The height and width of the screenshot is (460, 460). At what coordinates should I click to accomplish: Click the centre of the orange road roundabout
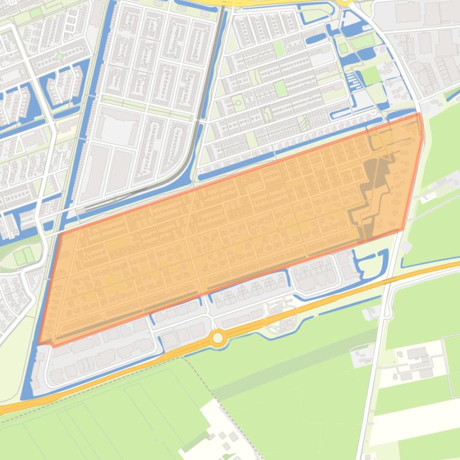(218, 338)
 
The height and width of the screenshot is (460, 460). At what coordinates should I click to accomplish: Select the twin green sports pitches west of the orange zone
(24, 256)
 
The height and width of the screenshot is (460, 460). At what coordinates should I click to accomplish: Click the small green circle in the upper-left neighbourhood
(60, 57)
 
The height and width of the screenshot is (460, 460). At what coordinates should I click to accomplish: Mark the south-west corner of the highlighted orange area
(39, 344)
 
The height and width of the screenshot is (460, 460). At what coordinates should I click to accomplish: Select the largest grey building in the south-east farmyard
(417, 354)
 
